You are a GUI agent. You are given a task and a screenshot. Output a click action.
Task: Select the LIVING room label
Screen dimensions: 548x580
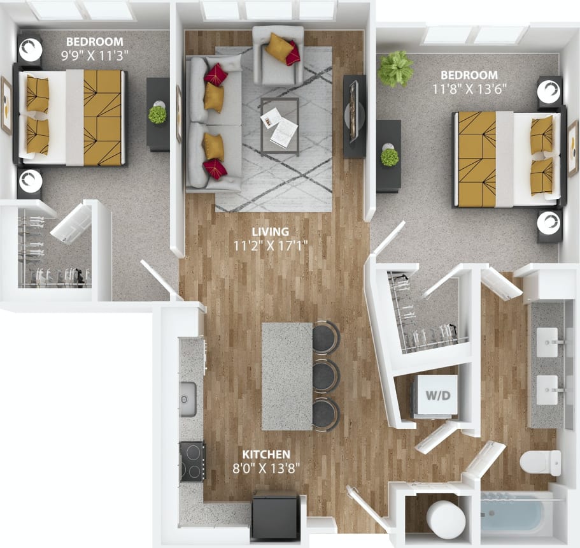click(270, 231)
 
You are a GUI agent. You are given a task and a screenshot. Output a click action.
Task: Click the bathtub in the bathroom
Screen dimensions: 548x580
click(513, 514)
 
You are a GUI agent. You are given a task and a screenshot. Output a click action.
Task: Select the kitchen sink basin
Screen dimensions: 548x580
click(188, 399)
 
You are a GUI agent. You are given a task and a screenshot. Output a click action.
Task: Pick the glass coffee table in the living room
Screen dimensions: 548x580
click(279, 126)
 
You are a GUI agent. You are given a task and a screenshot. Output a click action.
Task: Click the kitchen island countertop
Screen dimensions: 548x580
click(286, 376)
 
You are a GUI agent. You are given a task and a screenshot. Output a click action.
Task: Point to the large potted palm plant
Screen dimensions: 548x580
click(395, 68)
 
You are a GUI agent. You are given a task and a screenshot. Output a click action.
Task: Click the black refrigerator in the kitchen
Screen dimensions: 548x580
click(276, 516)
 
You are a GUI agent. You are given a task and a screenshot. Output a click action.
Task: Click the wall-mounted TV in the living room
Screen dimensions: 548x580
click(355, 117)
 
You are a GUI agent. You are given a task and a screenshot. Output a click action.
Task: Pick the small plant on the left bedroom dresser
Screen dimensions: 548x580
click(157, 115)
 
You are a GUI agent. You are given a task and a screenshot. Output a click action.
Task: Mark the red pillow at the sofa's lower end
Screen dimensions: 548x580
click(215, 169)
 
